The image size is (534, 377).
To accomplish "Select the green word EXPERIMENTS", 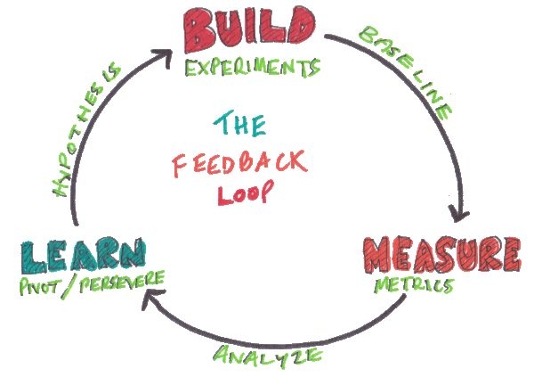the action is pos(253,68).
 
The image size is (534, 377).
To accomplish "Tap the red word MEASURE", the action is pos(441,254).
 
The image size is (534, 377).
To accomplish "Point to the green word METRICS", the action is pos(414,285).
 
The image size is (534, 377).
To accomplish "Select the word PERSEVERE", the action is pos(122,282).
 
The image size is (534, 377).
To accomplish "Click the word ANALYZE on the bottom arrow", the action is pos(268,357).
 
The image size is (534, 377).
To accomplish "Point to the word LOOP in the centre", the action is pos(246,193).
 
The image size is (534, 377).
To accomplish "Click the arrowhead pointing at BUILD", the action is pos(164,57).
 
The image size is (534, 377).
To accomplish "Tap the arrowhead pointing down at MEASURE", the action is pos(459,214).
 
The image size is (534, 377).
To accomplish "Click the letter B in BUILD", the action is pos(199,30).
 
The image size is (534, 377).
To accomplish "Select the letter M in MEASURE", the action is pos(380,255).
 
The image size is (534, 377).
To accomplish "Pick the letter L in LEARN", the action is pos(34,258).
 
